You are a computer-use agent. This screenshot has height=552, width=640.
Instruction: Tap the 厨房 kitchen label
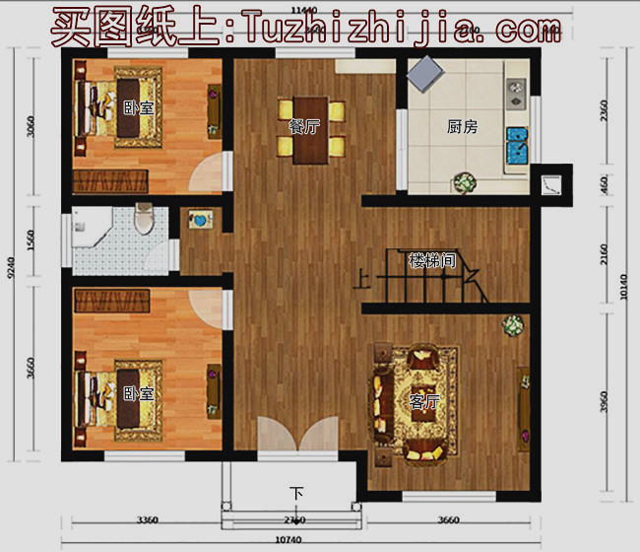462,126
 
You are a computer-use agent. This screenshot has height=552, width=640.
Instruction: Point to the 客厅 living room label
424,402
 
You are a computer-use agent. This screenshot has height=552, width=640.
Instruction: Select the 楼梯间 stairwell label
432,261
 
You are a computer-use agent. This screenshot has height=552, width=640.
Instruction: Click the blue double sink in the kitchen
516,146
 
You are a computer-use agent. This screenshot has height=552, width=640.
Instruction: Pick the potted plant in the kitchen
464,183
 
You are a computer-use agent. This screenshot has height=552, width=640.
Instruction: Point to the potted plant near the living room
512,326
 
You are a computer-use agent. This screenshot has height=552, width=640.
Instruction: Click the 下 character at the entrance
296,492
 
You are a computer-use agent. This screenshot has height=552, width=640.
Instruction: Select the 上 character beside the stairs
362,280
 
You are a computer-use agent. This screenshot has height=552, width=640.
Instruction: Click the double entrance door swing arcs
296,438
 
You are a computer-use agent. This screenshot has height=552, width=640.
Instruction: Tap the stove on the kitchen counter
514,94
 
